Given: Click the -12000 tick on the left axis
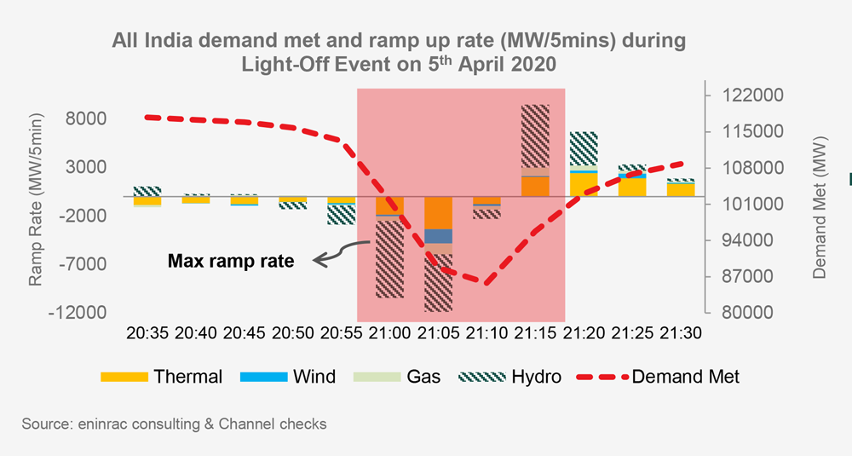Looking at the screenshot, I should (x=89, y=313).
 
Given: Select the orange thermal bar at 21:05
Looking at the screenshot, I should (x=438, y=213).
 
